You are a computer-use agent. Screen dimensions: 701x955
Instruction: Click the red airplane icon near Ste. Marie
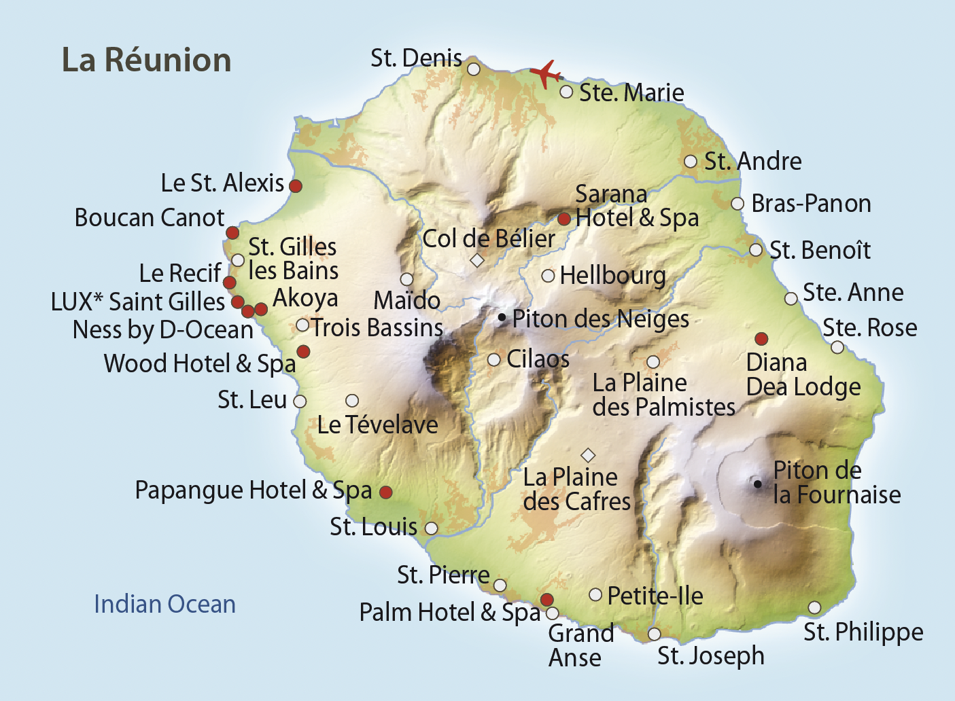(545, 73)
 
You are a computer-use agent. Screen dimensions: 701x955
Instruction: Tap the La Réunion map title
(147, 60)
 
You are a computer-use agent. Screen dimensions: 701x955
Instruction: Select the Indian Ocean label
(164, 604)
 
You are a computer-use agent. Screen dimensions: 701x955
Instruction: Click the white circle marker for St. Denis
(474, 69)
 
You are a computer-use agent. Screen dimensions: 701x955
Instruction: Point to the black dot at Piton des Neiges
(502, 317)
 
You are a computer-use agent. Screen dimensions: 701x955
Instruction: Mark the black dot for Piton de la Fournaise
(757, 484)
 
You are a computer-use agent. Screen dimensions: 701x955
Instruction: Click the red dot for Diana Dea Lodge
(762, 338)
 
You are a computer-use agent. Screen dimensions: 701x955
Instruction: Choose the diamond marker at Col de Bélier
(477, 260)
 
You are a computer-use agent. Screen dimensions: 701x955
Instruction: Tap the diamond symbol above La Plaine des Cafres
(588, 454)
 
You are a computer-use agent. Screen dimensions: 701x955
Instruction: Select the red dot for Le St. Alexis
(296, 185)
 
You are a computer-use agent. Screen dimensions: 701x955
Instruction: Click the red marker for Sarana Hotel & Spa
(564, 219)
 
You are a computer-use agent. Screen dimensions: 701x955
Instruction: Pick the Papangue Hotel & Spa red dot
(385, 492)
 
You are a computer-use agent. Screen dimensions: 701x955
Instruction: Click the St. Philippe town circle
(814, 607)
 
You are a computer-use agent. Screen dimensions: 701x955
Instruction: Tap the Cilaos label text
(538, 359)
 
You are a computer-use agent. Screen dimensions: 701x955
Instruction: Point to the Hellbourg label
(612, 276)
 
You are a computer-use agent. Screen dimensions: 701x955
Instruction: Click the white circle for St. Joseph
(654, 634)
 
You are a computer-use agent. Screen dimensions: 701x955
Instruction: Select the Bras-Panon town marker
(737, 204)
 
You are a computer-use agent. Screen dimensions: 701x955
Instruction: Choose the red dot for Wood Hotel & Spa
(303, 351)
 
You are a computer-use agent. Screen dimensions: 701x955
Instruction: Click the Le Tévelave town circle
(352, 401)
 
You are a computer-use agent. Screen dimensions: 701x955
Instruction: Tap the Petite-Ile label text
(655, 596)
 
